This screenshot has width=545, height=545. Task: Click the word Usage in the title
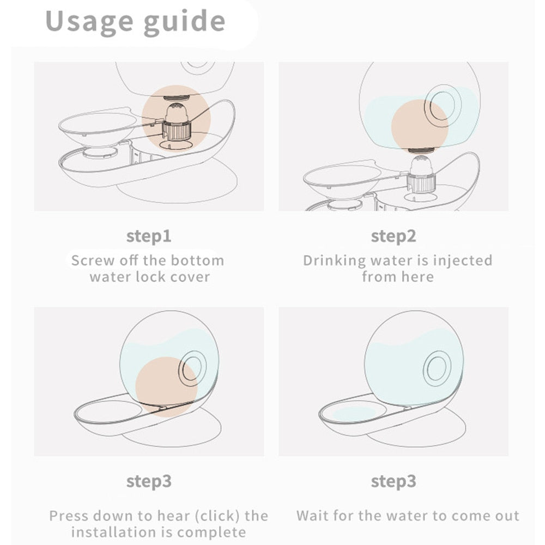coord(89,22)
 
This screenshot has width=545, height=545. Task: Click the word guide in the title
coord(185,22)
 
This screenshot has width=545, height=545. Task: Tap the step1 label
coord(149,237)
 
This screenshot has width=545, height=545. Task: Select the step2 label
coord(393,237)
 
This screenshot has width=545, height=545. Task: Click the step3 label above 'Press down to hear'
coord(149,482)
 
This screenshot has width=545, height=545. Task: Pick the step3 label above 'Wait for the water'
coord(393,482)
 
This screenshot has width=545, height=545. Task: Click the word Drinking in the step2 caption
coord(335,261)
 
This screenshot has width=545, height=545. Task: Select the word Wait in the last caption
coord(312,516)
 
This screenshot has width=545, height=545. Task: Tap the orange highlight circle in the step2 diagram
coord(420,126)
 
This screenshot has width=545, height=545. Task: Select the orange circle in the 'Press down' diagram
coord(166,386)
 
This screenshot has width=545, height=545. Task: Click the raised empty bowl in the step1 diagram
coord(98,126)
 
